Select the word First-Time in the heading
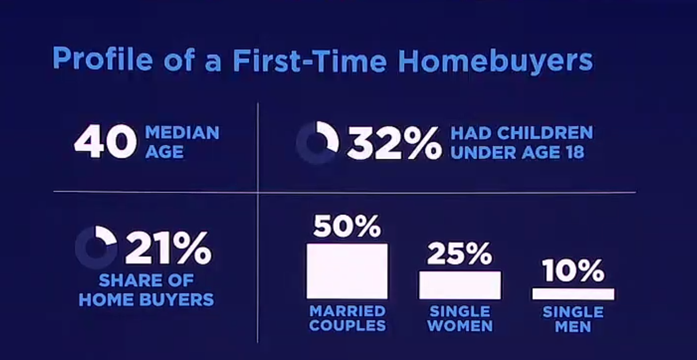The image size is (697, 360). [x=310, y=60]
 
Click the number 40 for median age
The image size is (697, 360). [x=105, y=141]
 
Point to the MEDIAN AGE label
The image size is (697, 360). [x=182, y=142]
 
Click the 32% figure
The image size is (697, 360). [x=394, y=143]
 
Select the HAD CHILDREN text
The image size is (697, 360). [x=522, y=133]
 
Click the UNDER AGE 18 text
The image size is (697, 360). [x=517, y=152]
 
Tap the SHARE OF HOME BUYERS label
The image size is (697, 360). [x=146, y=290]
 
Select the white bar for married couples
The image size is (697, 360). [x=347, y=271]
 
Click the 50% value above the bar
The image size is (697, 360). [x=347, y=226]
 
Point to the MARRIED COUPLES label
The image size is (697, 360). [x=348, y=318]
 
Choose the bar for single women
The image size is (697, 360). [x=460, y=285]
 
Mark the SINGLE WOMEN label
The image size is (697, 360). [x=460, y=319]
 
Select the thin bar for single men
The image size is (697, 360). [x=573, y=294]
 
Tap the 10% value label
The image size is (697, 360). [x=573, y=270]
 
